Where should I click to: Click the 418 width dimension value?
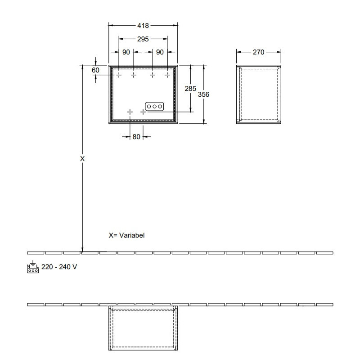pyautogui.click(x=143, y=26)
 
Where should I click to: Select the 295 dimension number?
pyautogui.click(x=143, y=39)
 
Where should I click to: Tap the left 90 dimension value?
pyautogui.click(x=126, y=52)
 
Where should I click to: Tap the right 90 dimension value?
pyautogui.click(x=160, y=52)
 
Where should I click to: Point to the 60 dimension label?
pyautogui.click(x=95, y=70)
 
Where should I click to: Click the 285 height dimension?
pyautogui.click(x=190, y=88)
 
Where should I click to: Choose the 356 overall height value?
pyautogui.click(x=203, y=94)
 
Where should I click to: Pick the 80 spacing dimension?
pyautogui.click(x=136, y=137)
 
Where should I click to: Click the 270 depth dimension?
pyautogui.click(x=258, y=52)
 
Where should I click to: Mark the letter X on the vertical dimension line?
pyautogui.click(x=82, y=159)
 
